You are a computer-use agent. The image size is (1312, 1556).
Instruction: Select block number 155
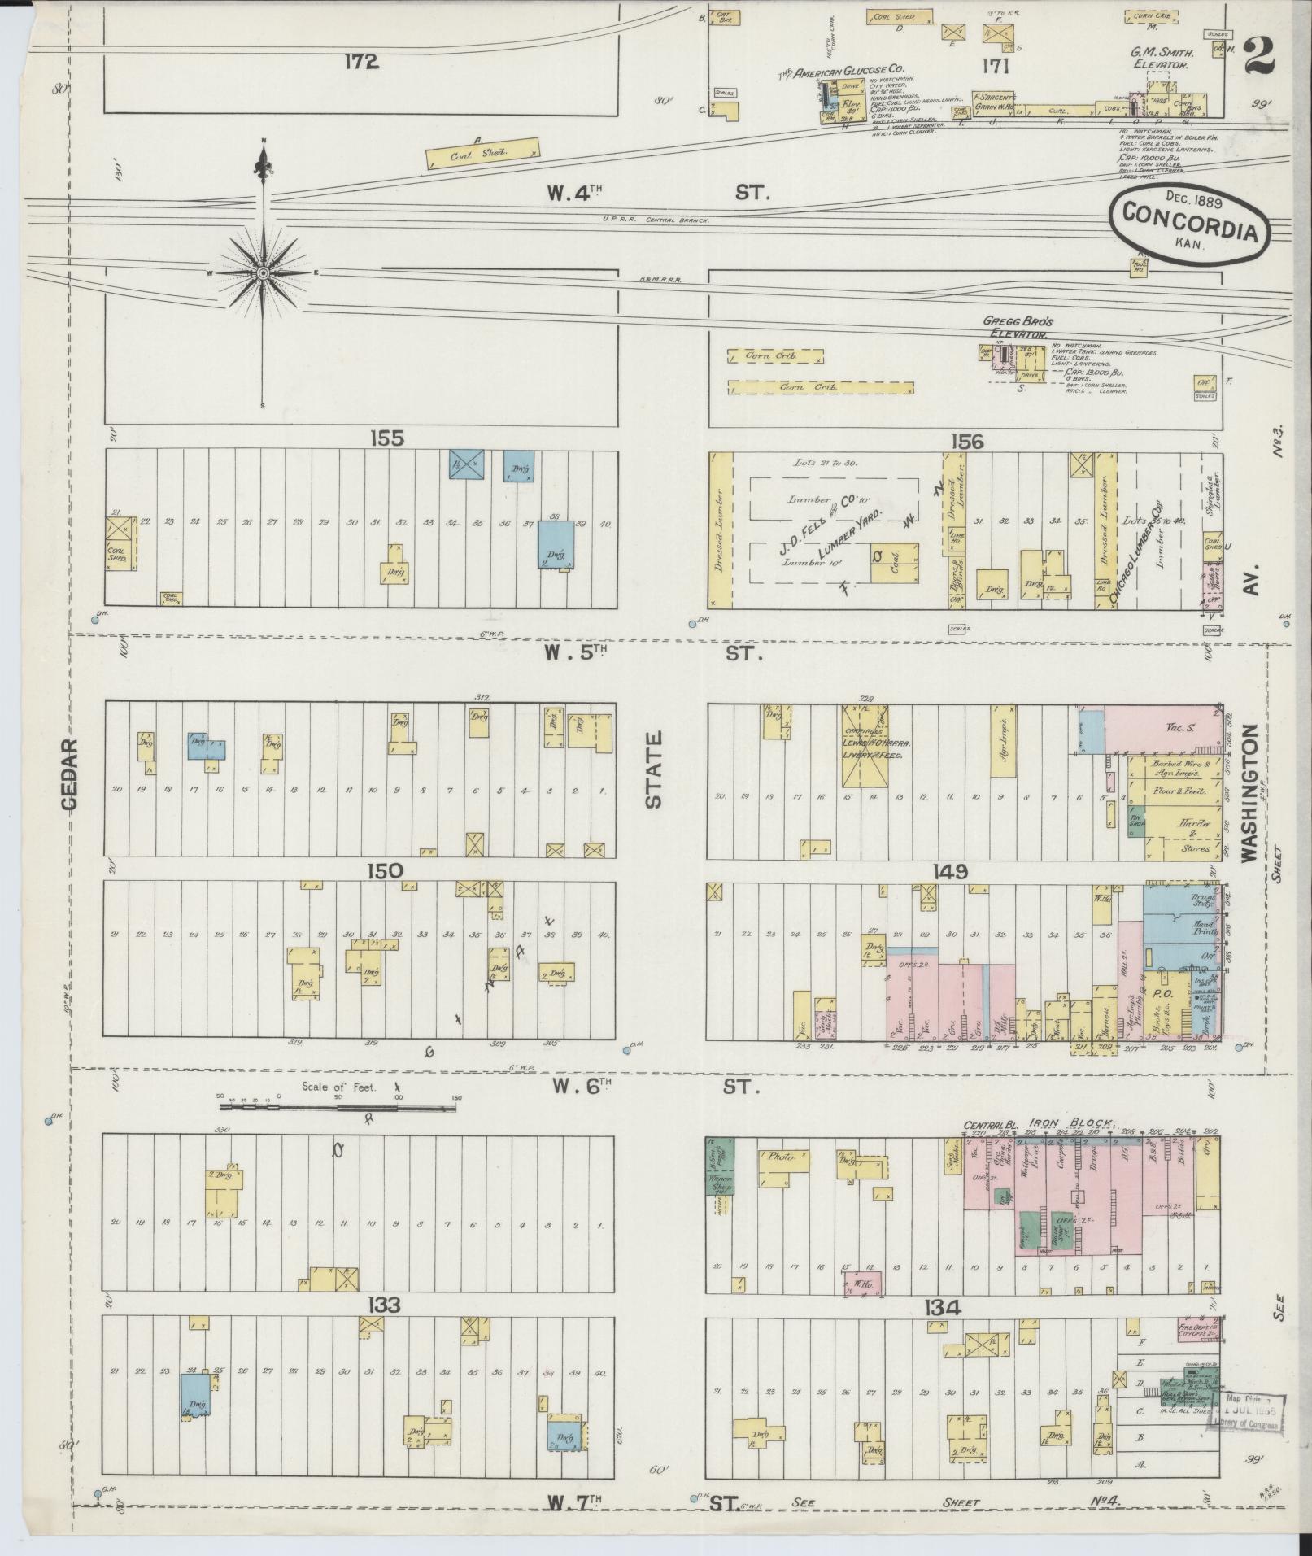386,438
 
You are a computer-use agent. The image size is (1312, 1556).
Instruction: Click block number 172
361,62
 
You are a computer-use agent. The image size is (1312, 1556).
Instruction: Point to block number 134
943,1308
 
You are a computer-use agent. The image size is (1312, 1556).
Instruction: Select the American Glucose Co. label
843,72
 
